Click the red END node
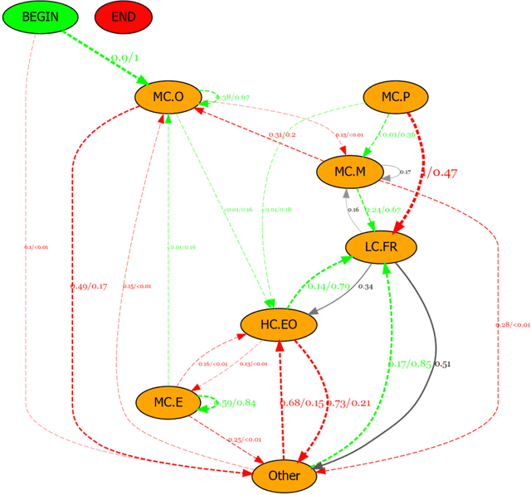click(123, 17)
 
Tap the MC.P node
click(396, 98)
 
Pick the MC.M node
click(349, 172)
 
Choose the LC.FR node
click(381, 246)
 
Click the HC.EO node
click(279, 325)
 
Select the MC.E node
click(168, 403)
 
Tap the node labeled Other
click(284, 476)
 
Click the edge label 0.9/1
click(124, 58)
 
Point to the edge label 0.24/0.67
click(383, 210)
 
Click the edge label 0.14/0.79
click(328, 286)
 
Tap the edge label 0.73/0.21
click(348, 403)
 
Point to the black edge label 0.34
click(365, 287)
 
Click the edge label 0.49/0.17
click(89, 286)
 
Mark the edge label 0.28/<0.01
click(512, 324)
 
